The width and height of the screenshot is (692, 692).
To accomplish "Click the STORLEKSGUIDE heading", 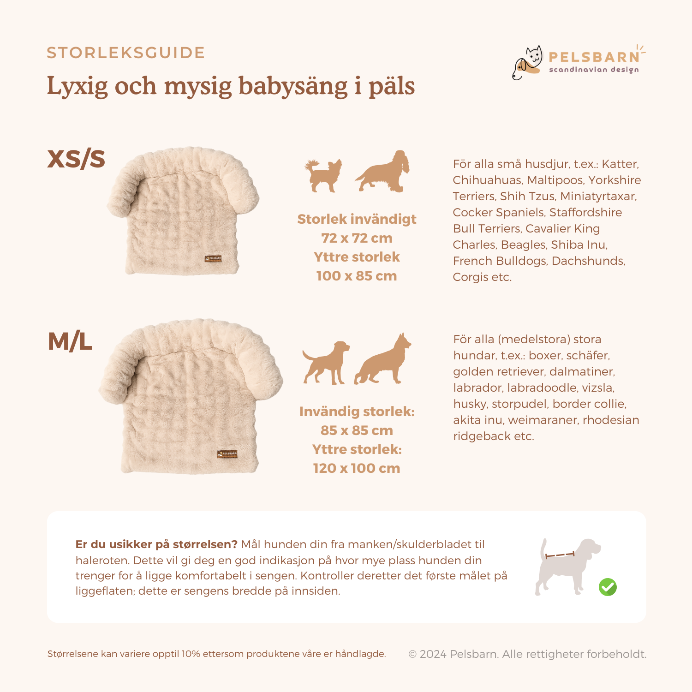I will [125, 53].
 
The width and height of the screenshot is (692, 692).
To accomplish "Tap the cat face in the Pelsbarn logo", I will [534, 57].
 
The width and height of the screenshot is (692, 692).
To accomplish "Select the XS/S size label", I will [77, 159].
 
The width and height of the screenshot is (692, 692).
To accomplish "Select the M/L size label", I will [70, 342].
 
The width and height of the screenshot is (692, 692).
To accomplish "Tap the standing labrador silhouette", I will [326, 363].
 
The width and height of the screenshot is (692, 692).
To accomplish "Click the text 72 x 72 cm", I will [357, 238].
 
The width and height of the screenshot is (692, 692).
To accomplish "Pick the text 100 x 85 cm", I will [357, 276].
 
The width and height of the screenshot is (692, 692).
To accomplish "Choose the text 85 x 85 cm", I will [357, 430].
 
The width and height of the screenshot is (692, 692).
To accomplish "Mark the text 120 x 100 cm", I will [357, 468].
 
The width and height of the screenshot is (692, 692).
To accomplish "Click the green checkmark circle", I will [608, 587].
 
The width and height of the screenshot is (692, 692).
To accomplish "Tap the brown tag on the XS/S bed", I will [213, 259].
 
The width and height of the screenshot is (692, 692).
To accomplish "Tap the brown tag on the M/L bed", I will [227, 454].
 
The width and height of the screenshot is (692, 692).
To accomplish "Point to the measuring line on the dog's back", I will [560, 555].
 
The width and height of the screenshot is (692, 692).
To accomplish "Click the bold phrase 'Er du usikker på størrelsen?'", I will [156, 544].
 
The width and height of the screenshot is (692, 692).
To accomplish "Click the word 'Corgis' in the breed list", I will [469, 277].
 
